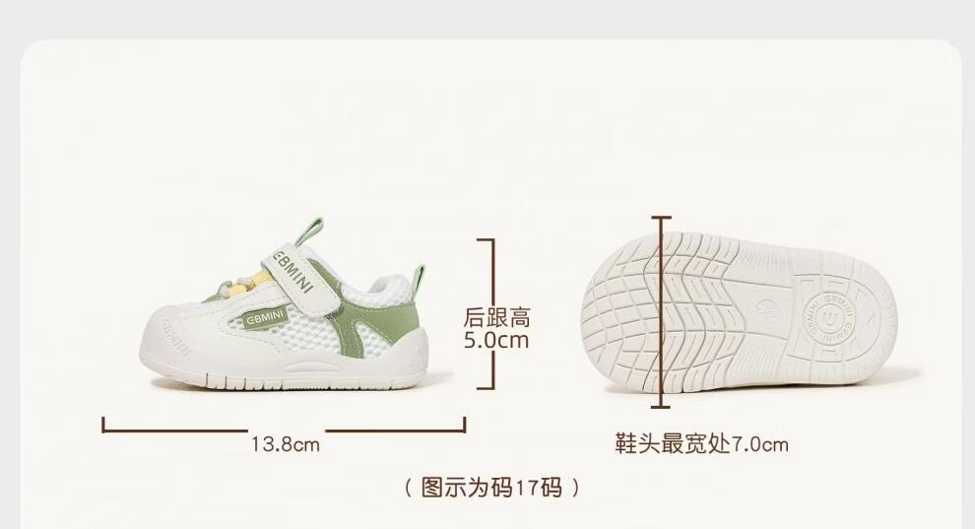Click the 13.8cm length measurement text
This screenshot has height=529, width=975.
pos(286,444)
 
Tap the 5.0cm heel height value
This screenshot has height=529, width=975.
pos(496,341)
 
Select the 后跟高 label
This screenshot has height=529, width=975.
pos(496,318)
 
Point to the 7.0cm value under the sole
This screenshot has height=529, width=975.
pos(760,444)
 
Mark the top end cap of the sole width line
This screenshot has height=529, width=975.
pos(662,219)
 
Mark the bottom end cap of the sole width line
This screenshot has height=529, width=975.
pos(662,405)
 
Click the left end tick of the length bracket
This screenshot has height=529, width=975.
pos(103,425)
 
